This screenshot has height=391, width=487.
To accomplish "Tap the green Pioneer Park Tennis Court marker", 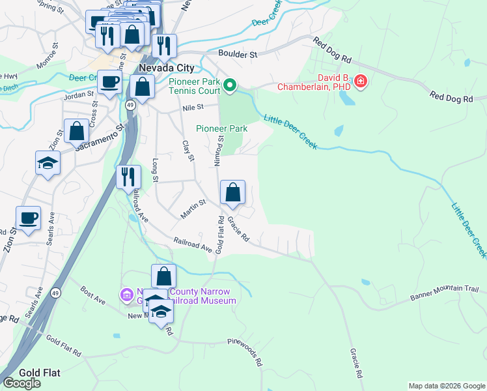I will [229, 85].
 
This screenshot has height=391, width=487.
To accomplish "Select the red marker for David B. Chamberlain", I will [360, 82].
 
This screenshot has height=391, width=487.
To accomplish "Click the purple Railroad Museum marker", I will [126, 295].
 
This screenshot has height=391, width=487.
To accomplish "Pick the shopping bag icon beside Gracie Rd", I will [232, 192].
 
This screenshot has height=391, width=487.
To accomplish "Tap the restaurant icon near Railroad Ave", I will [128, 177].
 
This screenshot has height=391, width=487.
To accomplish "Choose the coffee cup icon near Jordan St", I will [109, 82].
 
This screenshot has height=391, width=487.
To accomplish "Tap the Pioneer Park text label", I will [221, 129].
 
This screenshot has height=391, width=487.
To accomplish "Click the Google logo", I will [21, 383].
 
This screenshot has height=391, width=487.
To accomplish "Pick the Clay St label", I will [188, 151].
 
